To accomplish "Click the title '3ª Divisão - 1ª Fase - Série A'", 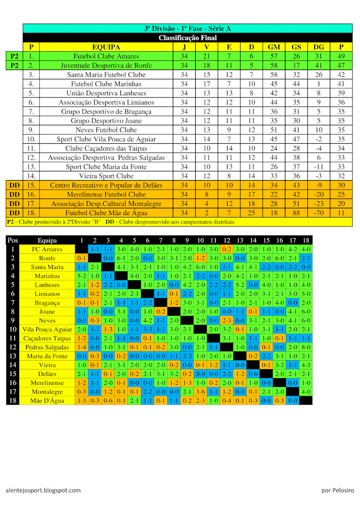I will coord(187,29).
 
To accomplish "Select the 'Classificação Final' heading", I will coord(187,38).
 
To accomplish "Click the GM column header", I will coord(274,47).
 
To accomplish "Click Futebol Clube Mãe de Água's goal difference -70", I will coord(318,213).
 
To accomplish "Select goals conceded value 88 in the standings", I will coord(296,213).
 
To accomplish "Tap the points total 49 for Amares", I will coord(341,56).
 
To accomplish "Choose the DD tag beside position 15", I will coord(14,185).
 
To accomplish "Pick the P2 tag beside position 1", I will coord(14,56).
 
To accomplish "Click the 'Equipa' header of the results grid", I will coord(47,241).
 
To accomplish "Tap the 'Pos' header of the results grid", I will coord(13,241).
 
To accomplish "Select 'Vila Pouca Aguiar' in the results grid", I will coord(47,330).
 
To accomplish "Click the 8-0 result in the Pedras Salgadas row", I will coord(306,347).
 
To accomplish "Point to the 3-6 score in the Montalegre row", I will coord(200,392).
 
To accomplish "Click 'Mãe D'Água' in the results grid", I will coord(47,401).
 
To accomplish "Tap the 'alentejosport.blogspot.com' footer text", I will coord(43,490).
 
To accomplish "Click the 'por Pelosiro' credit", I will coord(337,490).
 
